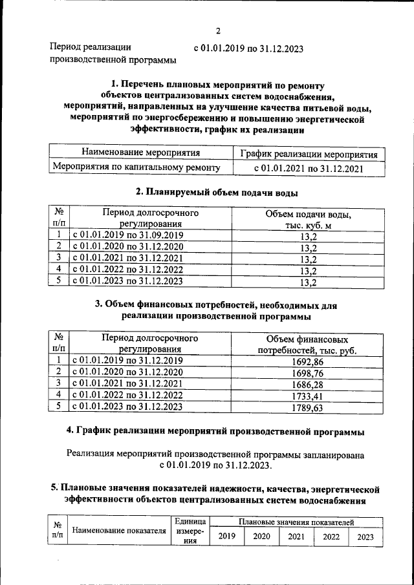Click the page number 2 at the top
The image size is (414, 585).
click(x=218, y=30)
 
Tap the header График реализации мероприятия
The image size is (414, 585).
click(x=309, y=155)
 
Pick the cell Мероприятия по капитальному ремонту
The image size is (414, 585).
click(x=136, y=167)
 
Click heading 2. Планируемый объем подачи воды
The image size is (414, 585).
click(x=217, y=192)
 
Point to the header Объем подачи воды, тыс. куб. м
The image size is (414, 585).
click(x=308, y=219)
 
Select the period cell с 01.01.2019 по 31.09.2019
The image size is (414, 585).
click(x=128, y=235)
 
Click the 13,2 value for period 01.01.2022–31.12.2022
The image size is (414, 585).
click(x=308, y=270)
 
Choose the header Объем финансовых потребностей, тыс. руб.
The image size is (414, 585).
click(x=308, y=345)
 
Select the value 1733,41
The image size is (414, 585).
click(x=308, y=396)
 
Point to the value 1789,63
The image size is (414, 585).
click(x=308, y=408)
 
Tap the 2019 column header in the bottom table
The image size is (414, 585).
click(x=226, y=537)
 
